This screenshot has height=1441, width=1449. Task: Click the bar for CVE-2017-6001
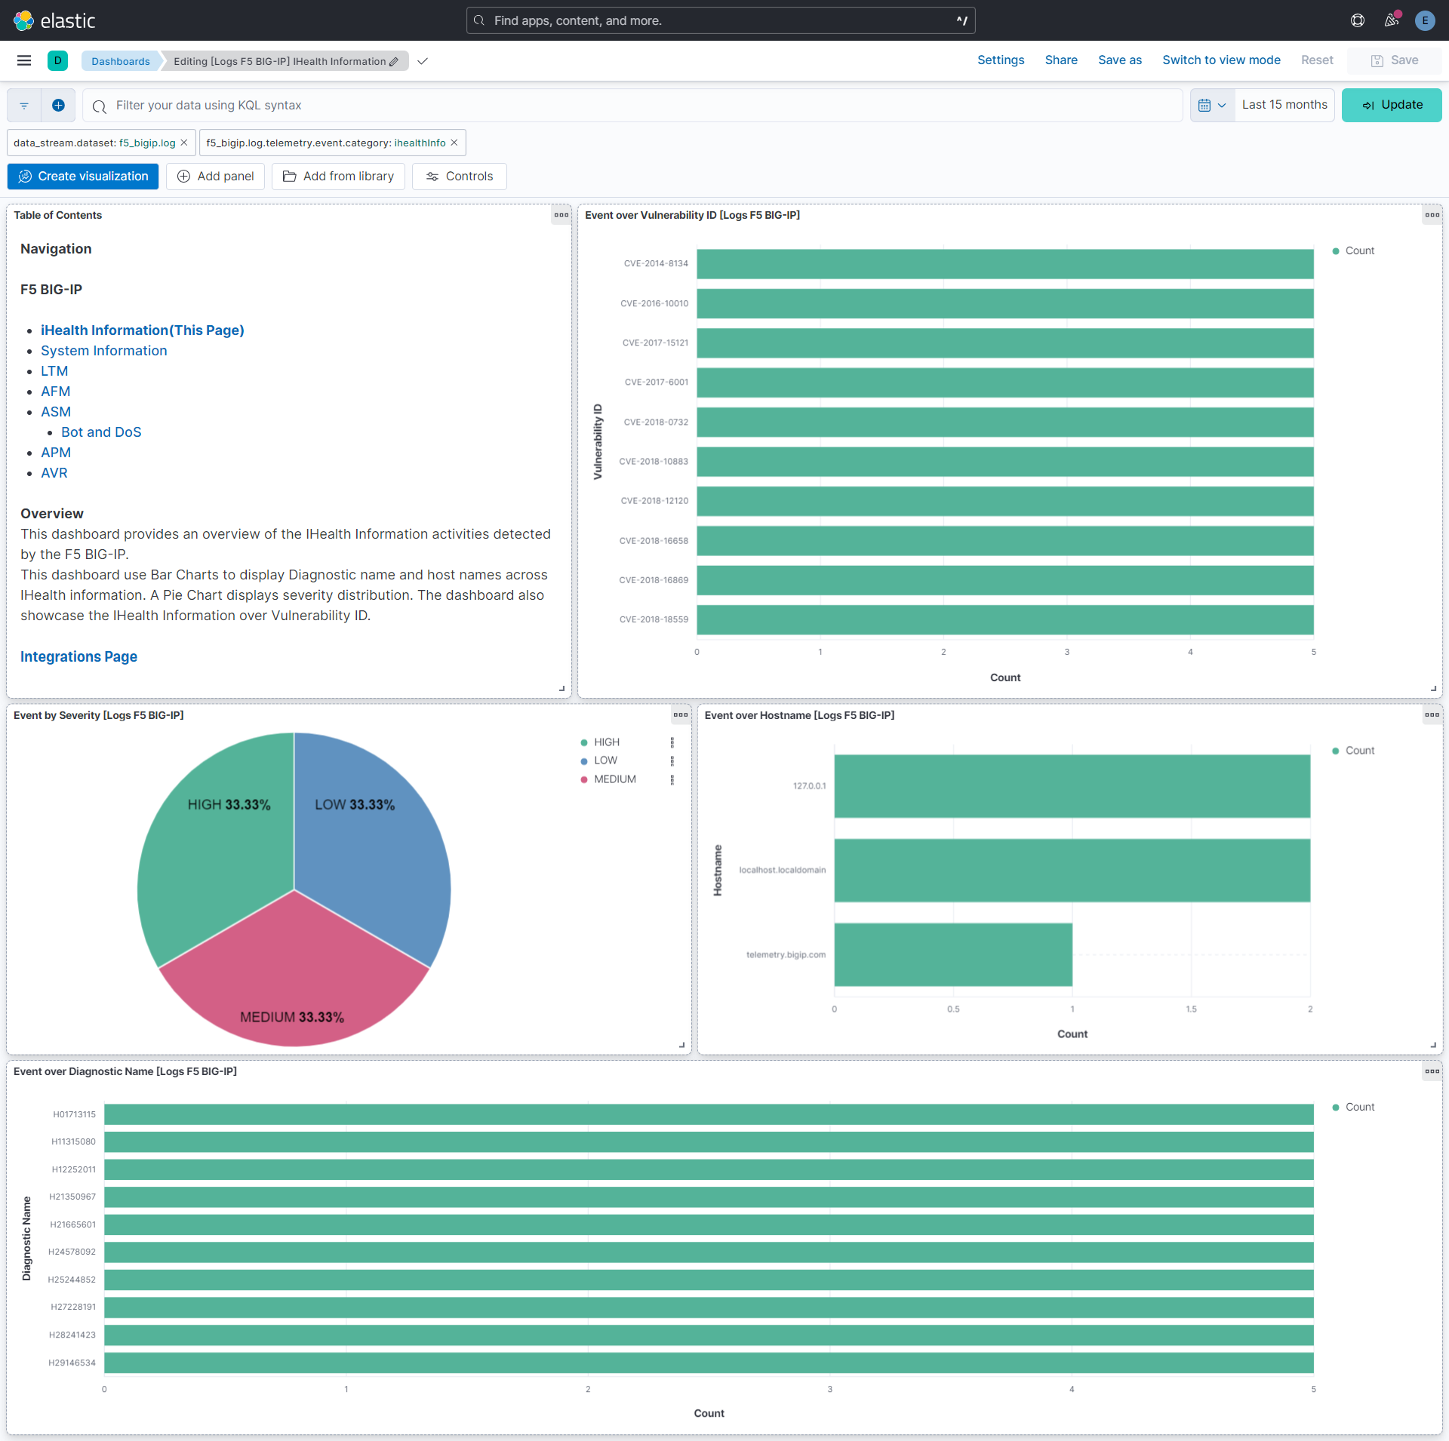(x=1004, y=383)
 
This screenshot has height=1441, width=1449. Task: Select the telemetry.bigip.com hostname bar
(x=952, y=954)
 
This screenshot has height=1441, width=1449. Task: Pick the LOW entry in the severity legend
(x=605, y=760)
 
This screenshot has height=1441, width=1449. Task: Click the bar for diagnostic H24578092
(x=709, y=1252)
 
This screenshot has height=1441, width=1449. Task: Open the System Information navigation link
(x=104, y=351)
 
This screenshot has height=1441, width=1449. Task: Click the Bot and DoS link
(x=101, y=432)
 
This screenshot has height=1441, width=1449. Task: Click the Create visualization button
(x=83, y=177)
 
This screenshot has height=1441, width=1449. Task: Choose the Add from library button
(x=338, y=177)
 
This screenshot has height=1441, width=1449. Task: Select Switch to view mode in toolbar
(x=1221, y=60)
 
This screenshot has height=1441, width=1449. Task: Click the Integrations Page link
(x=78, y=657)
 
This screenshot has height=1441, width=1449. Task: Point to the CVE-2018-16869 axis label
(x=654, y=580)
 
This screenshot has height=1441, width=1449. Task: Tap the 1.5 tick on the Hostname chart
(x=1191, y=1009)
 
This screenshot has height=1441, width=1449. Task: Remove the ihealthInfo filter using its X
(x=454, y=143)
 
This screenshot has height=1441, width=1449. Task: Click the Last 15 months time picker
(x=1284, y=105)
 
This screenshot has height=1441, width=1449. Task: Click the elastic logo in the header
(x=54, y=20)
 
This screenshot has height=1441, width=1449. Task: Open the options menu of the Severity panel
(x=681, y=715)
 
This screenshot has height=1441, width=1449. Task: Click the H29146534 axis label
(x=72, y=1363)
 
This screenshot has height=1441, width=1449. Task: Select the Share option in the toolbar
(x=1061, y=60)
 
